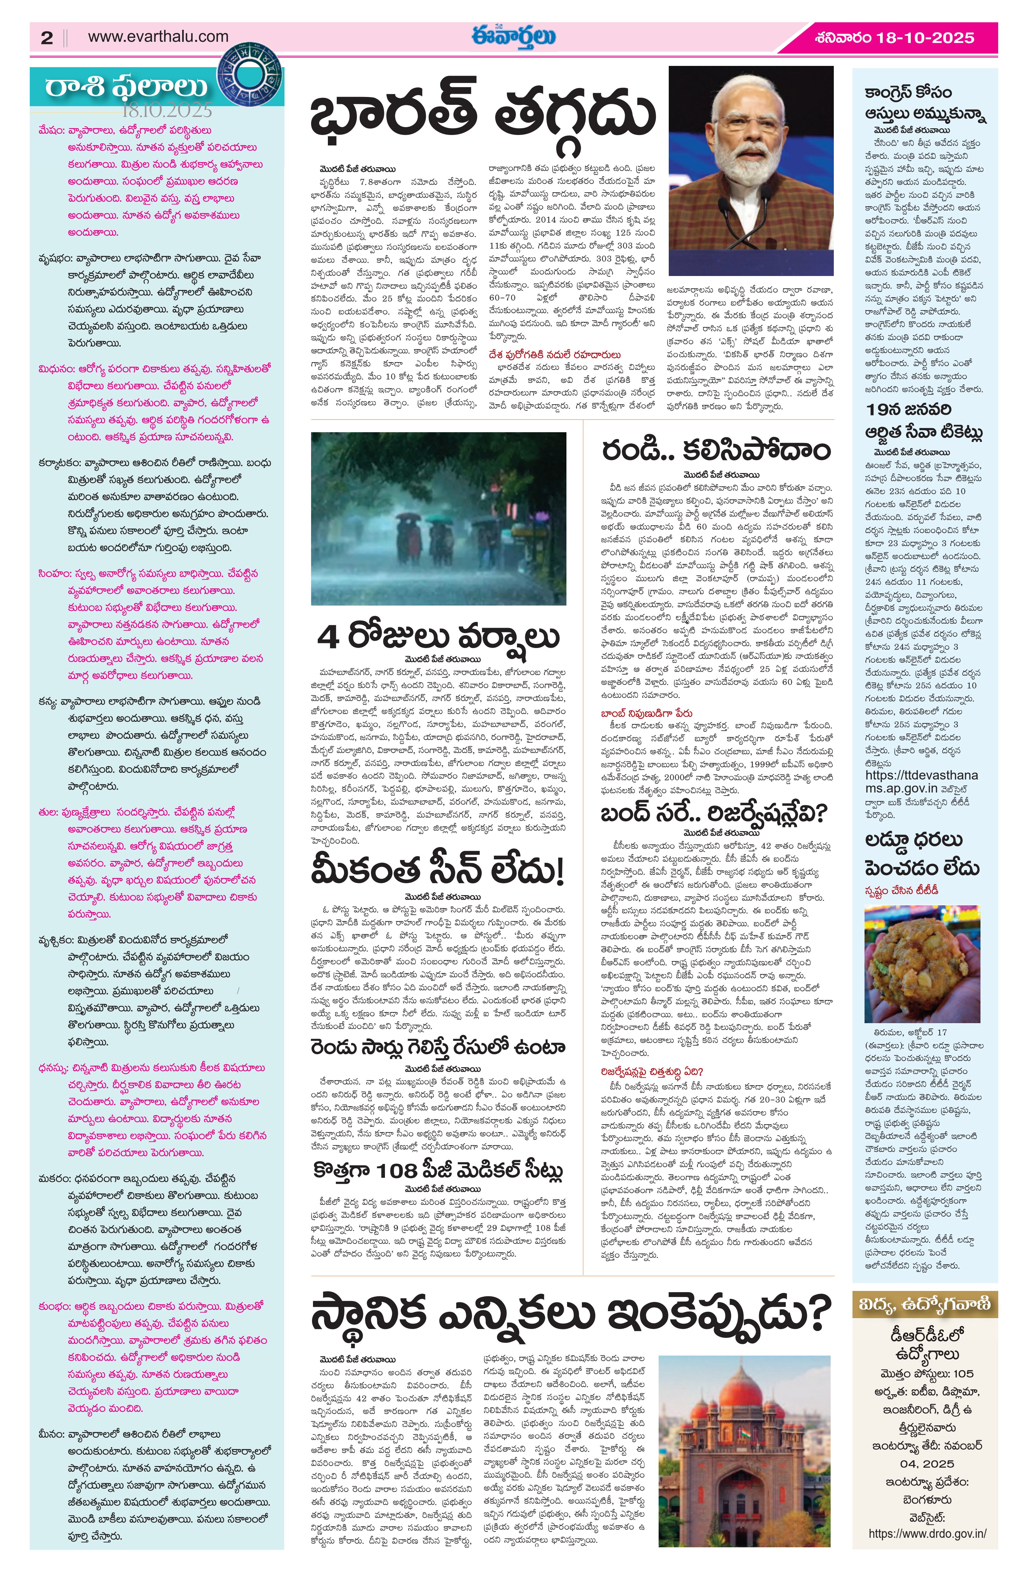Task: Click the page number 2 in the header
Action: [x=46, y=38]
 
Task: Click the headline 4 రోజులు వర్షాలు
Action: [x=438, y=637]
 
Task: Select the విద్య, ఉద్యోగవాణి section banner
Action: [x=924, y=1305]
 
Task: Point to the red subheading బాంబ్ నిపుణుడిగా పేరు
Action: [x=646, y=714]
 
